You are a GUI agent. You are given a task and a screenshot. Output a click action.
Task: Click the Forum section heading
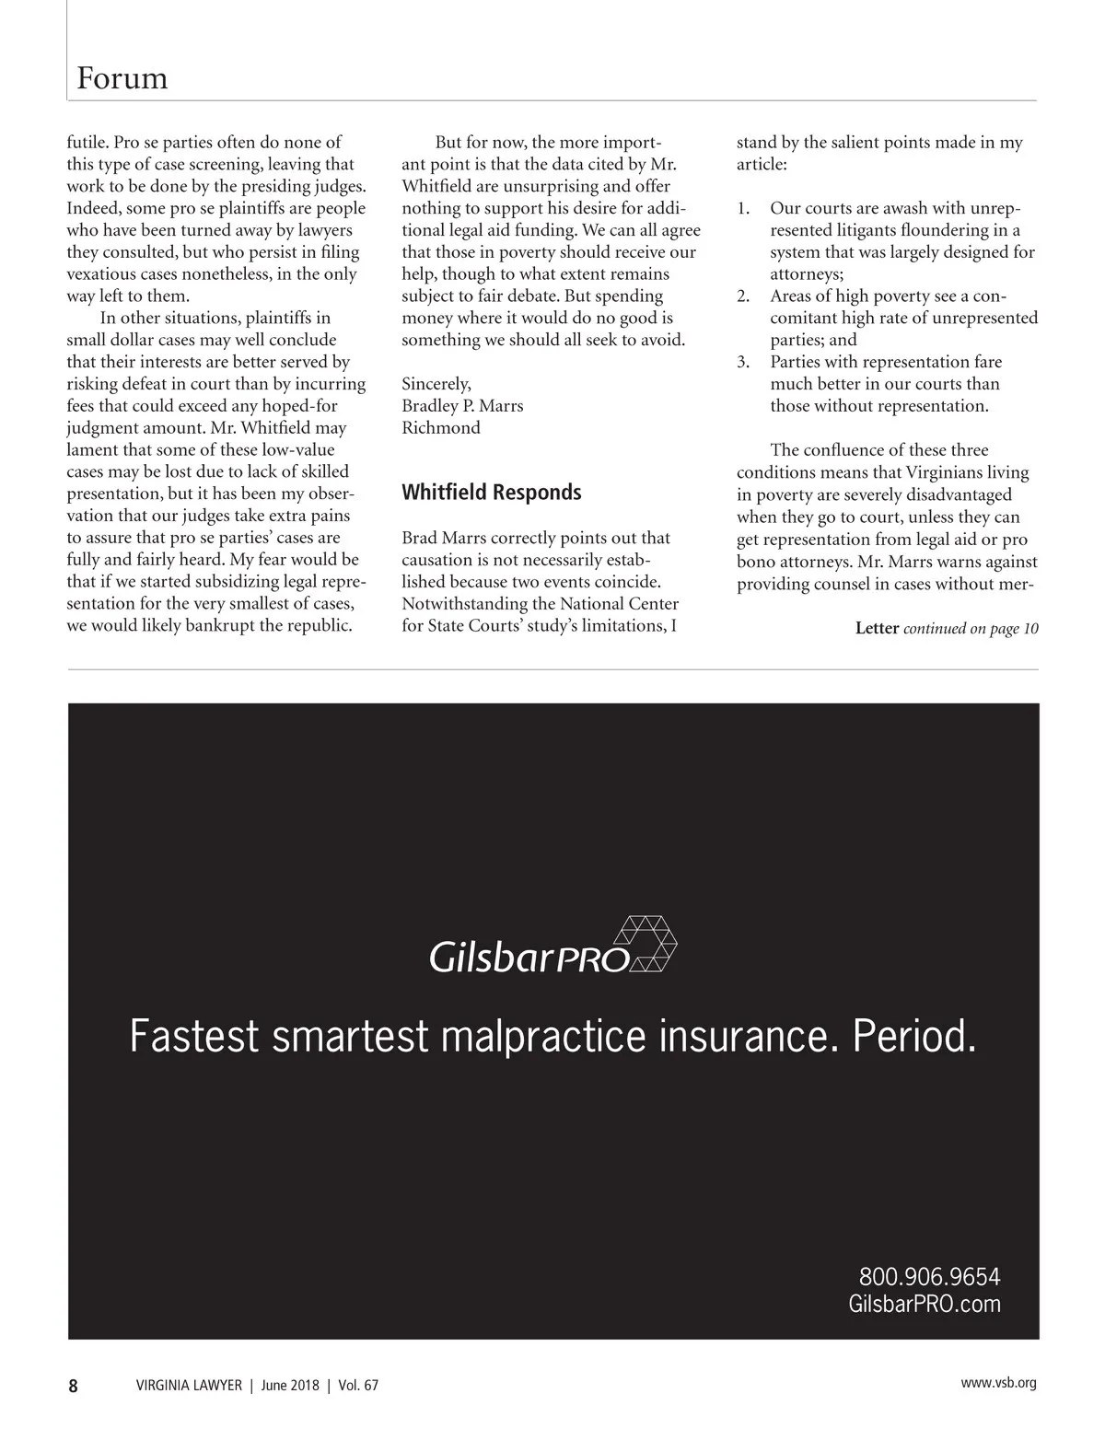(122, 78)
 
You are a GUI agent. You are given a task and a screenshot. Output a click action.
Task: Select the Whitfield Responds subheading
(491, 493)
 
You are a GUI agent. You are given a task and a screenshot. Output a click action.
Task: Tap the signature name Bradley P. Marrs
(462, 406)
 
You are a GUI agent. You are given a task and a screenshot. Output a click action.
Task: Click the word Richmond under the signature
(441, 428)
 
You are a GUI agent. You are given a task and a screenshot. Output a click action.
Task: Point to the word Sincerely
(436, 384)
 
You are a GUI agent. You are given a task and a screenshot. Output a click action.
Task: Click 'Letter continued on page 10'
(947, 629)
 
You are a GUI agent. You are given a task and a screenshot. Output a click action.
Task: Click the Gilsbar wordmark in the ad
(491, 958)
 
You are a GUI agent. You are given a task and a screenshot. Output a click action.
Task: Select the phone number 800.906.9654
(929, 1277)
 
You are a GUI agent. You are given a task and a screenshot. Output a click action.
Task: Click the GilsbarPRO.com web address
(924, 1304)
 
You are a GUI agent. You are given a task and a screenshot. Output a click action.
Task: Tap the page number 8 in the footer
(74, 1386)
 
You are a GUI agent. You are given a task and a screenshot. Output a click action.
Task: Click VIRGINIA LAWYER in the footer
(189, 1386)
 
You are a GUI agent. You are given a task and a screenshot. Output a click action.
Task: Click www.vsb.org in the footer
(998, 1383)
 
